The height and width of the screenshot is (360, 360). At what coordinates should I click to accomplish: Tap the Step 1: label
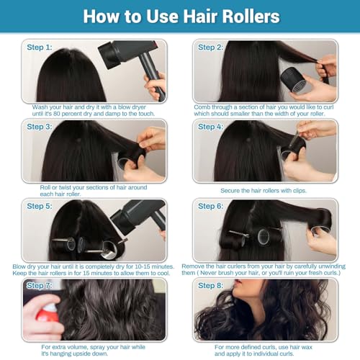click(x=40, y=48)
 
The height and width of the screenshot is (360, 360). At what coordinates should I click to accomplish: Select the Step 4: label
click(x=210, y=127)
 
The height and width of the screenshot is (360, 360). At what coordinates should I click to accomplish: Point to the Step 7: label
click(x=40, y=286)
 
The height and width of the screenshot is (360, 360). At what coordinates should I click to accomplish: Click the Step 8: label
click(x=210, y=286)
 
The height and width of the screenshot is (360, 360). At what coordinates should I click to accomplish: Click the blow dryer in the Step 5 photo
click(x=139, y=217)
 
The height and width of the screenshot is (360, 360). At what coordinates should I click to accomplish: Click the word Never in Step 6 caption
click(x=209, y=273)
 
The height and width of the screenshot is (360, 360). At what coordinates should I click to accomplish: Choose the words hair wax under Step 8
click(x=301, y=347)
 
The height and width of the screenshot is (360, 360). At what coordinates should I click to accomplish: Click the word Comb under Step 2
click(x=202, y=107)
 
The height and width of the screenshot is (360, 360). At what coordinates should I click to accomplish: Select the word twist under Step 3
click(x=65, y=187)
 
